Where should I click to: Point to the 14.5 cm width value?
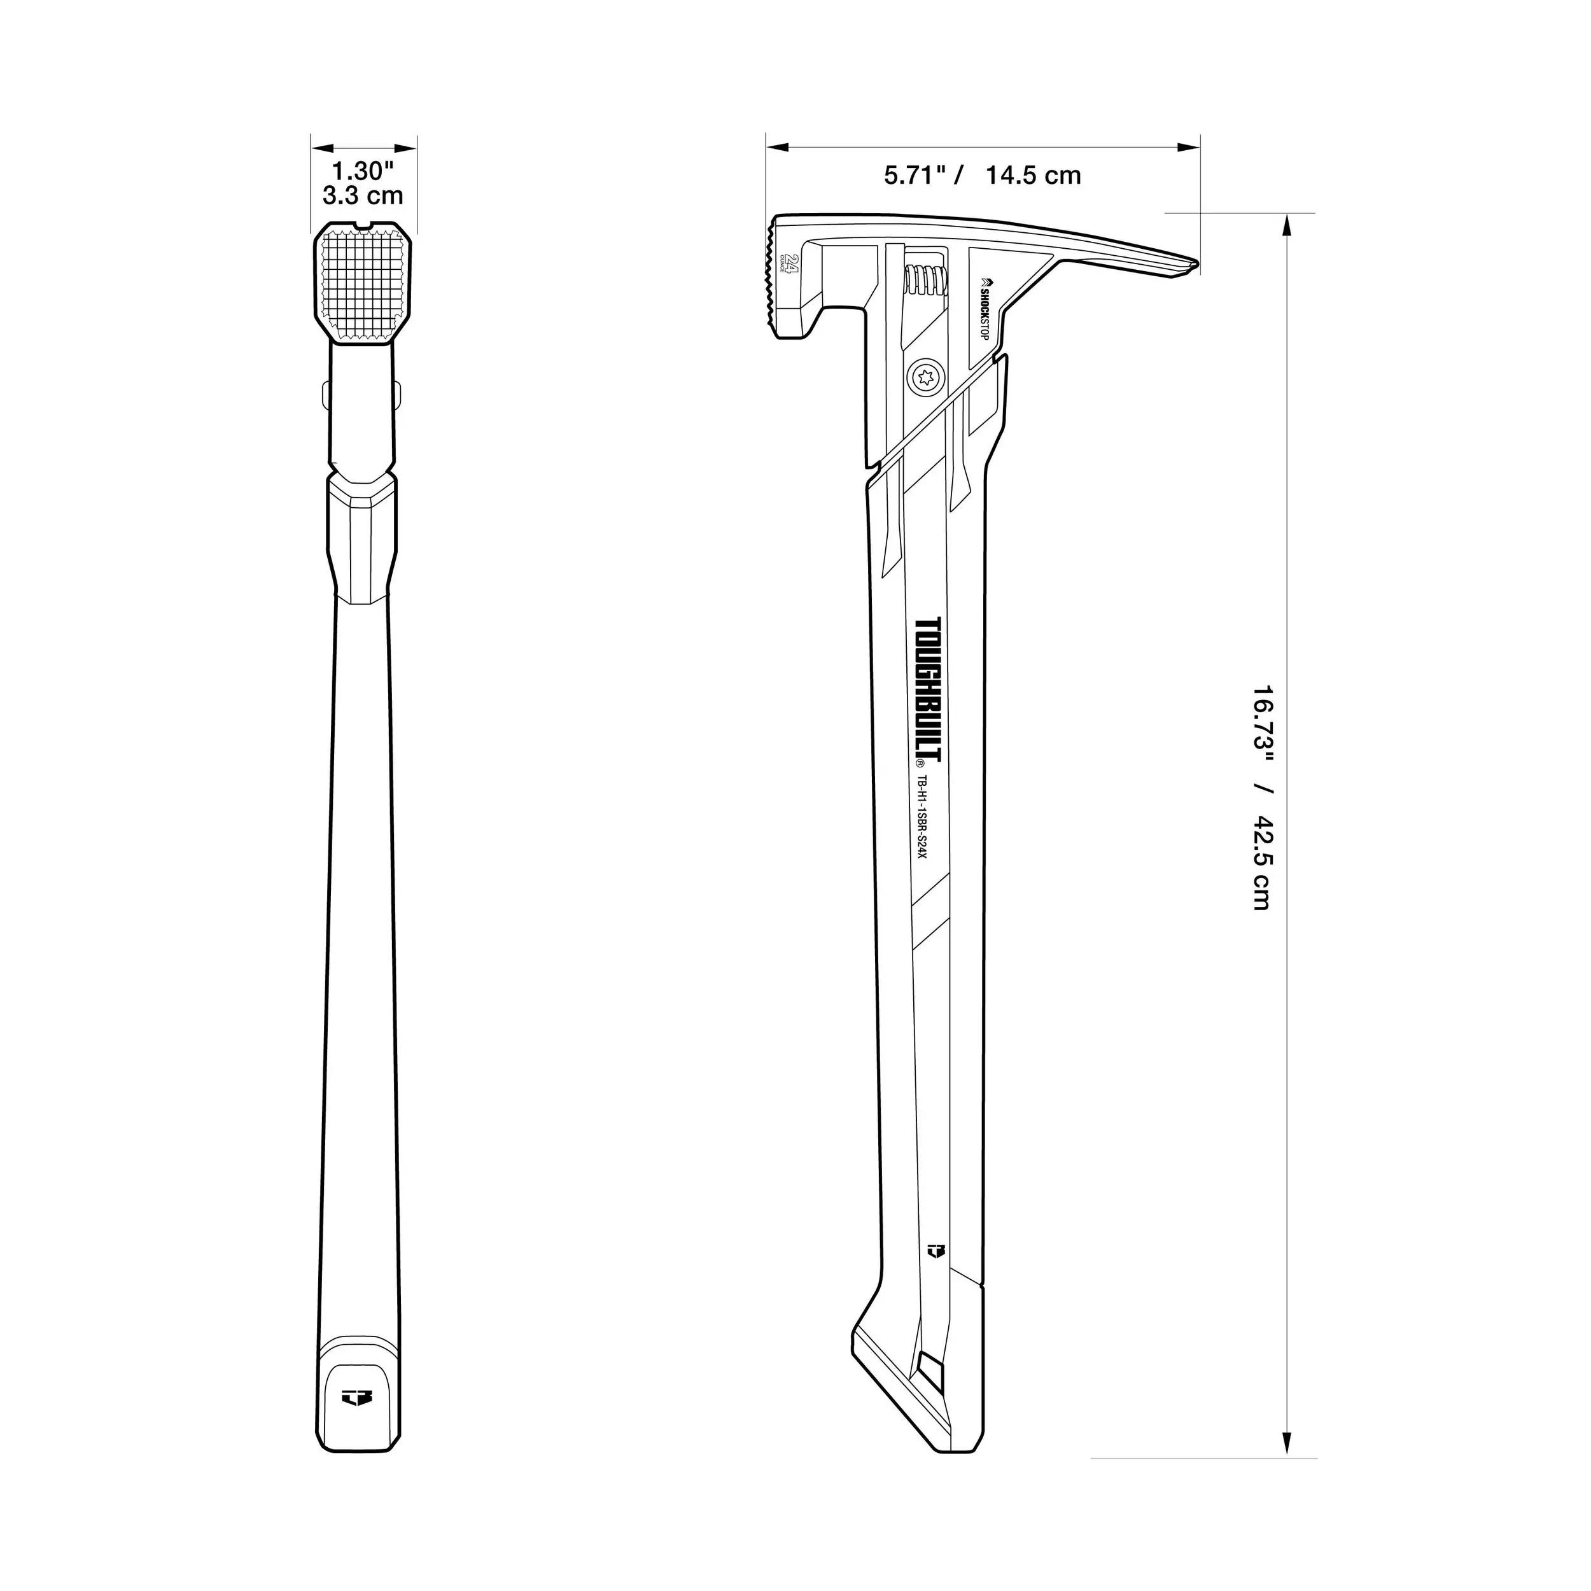pyautogui.click(x=1034, y=176)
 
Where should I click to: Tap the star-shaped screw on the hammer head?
pyautogui.click(x=924, y=379)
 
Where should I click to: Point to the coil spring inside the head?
pyautogui.click(x=925, y=280)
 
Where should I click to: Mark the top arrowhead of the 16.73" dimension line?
pyautogui.click(x=1286, y=224)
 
